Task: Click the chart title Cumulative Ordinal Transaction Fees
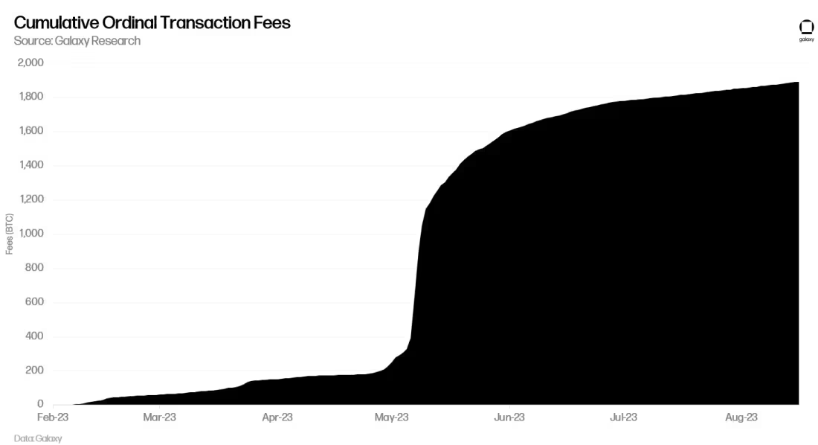pyautogui.click(x=152, y=22)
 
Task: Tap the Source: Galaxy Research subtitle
pyautogui.click(x=77, y=41)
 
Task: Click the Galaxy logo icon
pyautogui.click(x=806, y=28)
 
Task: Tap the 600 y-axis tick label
pyautogui.click(x=34, y=302)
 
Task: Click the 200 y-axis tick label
pyautogui.click(x=34, y=371)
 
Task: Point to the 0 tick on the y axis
pyautogui.click(x=40, y=404)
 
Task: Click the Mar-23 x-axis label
pyautogui.click(x=159, y=417)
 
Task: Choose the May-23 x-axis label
pyautogui.click(x=392, y=417)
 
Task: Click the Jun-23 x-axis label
pyautogui.click(x=509, y=417)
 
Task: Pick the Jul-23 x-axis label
pyautogui.click(x=623, y=417)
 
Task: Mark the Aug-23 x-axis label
pyautogui.click(x=741, y=417)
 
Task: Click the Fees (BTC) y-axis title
pyautogui.click(x=10, y=234)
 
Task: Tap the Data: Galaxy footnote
pyautogui.click(x=38, y=438)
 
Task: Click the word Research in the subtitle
pyautogui.click(x=115, y=41)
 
